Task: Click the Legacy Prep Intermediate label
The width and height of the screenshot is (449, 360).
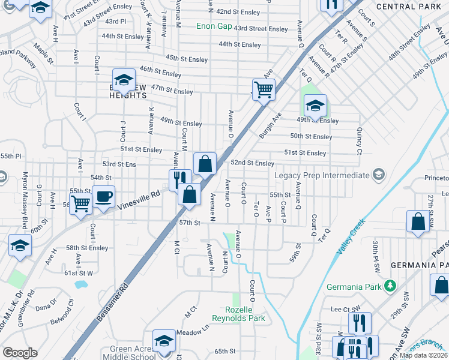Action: pyautogui.click(x=322, y=175)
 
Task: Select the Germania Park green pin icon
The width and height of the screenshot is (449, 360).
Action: pyautogui.click(x=390, y=284)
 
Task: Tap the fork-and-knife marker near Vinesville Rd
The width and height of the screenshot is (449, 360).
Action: pyautogui.click(x=179, y=178)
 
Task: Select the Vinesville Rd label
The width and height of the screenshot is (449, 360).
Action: pyautogui.click(x=139, y=199)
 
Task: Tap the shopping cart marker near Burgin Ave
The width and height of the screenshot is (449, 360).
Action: pyautogui.click(x=263, y=90)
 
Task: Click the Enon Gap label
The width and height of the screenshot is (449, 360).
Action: pyautogui.click(x=214, y=26)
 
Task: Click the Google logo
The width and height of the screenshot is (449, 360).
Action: pyautogui.click(x=20, y=353)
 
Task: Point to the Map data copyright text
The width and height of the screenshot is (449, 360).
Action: pyautogui.click(x=423, y=355)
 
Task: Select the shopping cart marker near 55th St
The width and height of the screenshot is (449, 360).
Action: pyautogui.click(x=80, y=204)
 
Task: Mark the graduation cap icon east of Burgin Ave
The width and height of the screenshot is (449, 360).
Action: pyautogui.click(x=315, y=106)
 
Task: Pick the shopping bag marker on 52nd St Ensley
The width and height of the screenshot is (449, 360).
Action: pyautogui.click(x=205, y=163)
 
